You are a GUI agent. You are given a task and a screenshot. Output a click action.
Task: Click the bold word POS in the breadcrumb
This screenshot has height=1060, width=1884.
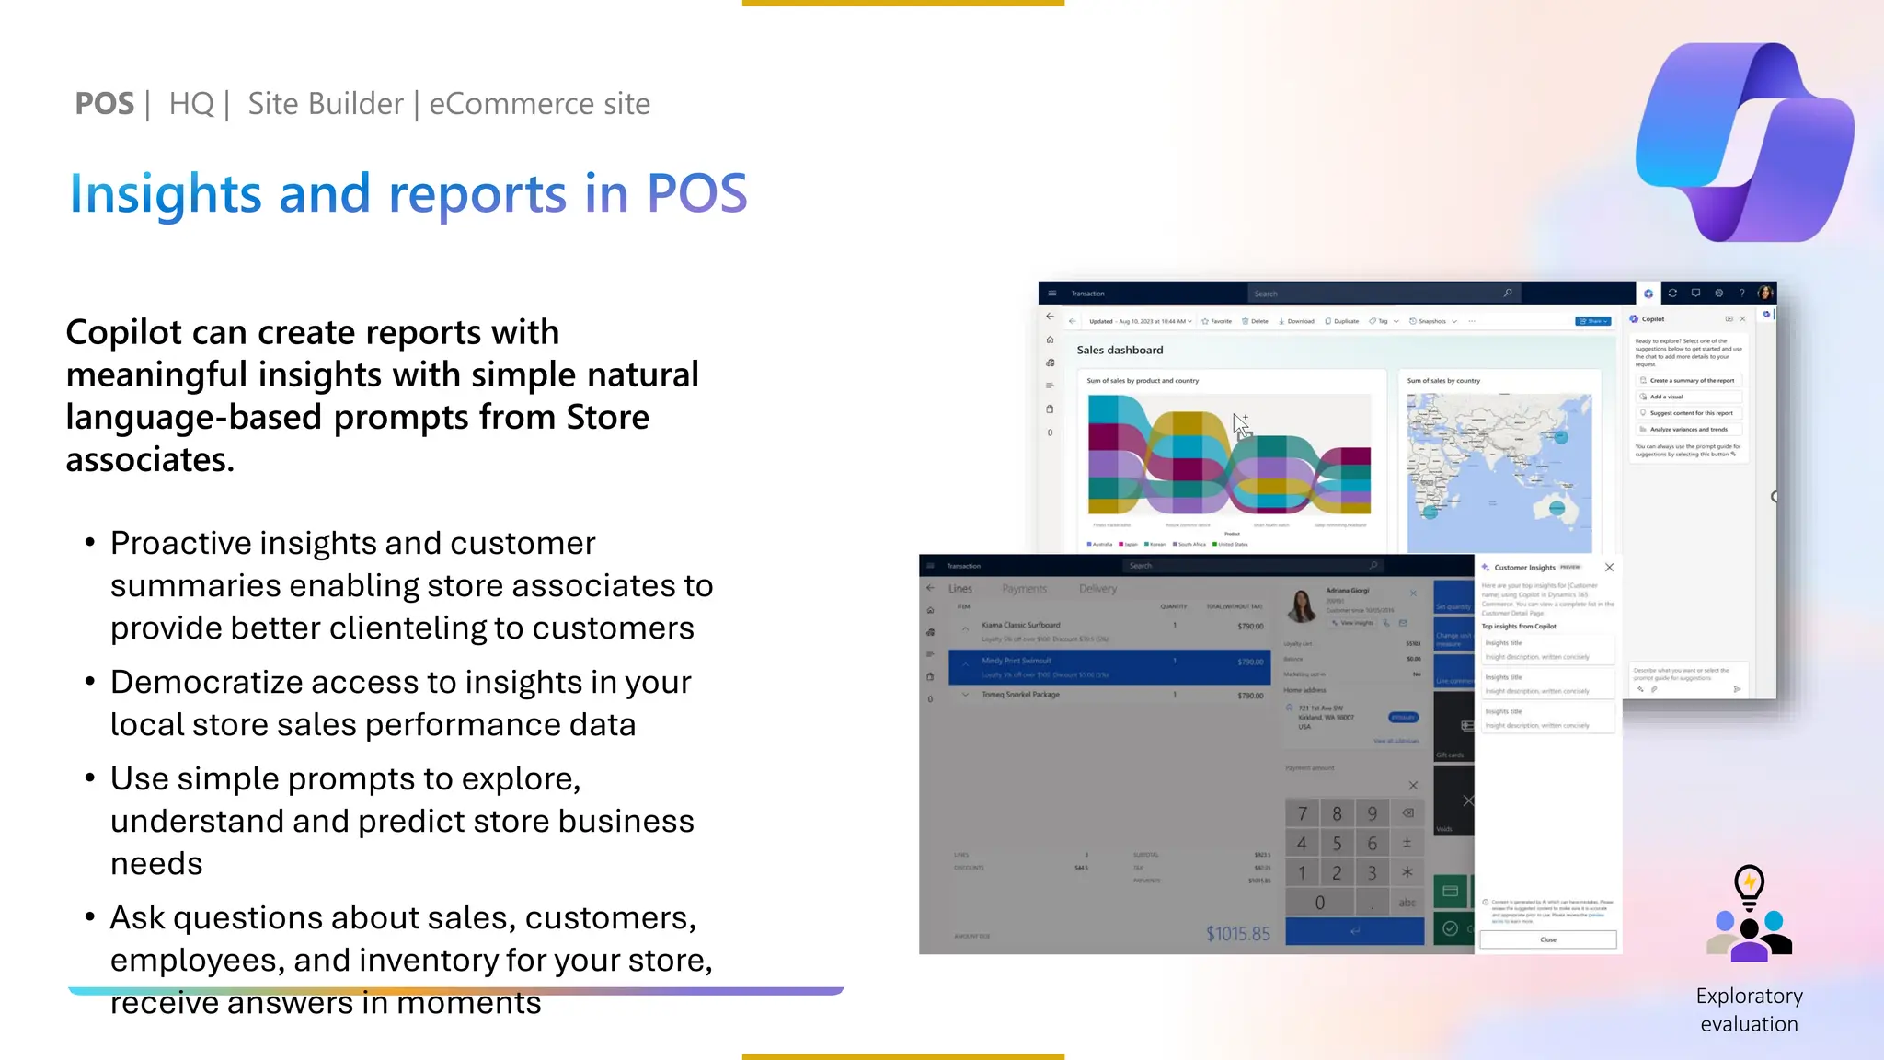pyautogui.click(x=104, y=104)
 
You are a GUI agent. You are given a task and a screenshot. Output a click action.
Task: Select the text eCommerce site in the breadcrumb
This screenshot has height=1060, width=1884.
pyautogui.click(x=539, y=104)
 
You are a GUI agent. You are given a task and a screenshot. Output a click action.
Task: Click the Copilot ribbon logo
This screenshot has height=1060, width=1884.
pyautogui.click(x=1744, y=143)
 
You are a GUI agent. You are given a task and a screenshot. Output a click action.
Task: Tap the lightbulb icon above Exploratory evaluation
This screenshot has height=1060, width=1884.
pyautogui.click(x=1749, y=885)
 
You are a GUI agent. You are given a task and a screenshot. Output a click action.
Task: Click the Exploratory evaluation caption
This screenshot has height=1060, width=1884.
pyautogui.click(x=1749, y=1009)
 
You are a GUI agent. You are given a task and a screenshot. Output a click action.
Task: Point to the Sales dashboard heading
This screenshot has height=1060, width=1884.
pyautogui.click(x=1120, y=350)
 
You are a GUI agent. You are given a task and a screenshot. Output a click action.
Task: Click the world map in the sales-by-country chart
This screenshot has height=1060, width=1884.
pyautogui.click(x=1499, y=472)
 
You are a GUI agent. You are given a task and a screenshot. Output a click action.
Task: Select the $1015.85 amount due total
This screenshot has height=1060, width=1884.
pyautogui.click(x=1237, y=934)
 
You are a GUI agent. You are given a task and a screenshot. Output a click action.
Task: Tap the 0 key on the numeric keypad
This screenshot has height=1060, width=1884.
pyautogui.click(x=1319, y=903)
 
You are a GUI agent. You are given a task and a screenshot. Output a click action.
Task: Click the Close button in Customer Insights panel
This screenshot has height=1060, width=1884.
pyautogui.click(x=1547, y=939)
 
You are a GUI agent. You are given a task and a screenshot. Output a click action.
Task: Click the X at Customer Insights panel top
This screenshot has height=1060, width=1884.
pyautogui.click(x=1609, y=567)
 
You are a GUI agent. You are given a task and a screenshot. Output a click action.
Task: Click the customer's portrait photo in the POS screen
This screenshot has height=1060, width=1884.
pyautogui.click(x=1302, y=605)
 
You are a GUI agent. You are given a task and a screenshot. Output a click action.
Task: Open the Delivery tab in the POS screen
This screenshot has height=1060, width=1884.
pyautogui.click(x=1097, y=589)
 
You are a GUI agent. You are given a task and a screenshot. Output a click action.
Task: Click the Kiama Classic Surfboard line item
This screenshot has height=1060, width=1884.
pyautogui.click(x=1020, y=625)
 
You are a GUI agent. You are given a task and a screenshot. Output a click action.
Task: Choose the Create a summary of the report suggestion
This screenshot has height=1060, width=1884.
pyautogui.click(x=1691, y=380)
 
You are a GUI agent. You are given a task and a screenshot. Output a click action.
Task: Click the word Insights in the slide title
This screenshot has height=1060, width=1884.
pyautogui.click(x=166, y=193)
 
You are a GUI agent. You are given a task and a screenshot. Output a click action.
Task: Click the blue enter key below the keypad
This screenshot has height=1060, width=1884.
pyautogui.click(x=1354, y=931)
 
